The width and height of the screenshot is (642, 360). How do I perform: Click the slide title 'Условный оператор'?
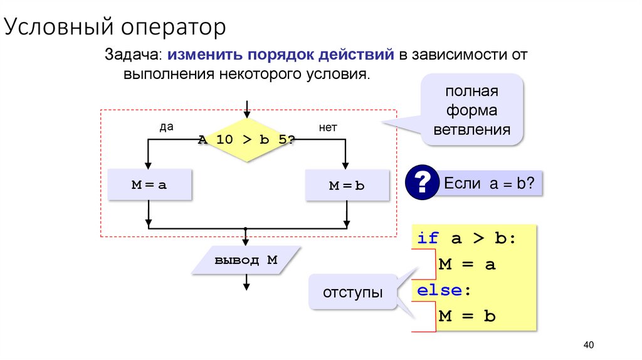tap(116, 28)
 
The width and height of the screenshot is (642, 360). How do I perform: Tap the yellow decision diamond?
tap(247, 139)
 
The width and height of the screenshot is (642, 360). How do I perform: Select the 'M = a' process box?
tap(149, 185)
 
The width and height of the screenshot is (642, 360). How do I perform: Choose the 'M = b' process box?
tap(347, 186)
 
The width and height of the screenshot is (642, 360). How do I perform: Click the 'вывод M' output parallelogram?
tap(246, 260)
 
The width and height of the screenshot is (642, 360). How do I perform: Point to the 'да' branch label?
tap(166, 127)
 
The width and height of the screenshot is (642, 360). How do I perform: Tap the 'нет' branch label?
tap(328, 127)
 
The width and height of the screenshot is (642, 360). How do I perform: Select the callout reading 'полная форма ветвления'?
tap(471, 110)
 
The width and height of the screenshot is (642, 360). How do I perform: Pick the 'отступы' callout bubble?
tap(353, 292)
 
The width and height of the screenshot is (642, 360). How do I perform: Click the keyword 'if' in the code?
tap(428, 238)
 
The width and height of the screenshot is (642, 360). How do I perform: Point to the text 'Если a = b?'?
tap(488, 184)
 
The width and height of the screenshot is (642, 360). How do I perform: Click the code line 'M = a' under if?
tap(467, 264)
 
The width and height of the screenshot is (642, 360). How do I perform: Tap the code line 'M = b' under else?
tap(467, 316)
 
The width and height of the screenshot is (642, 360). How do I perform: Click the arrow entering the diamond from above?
tap(247, 108)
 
